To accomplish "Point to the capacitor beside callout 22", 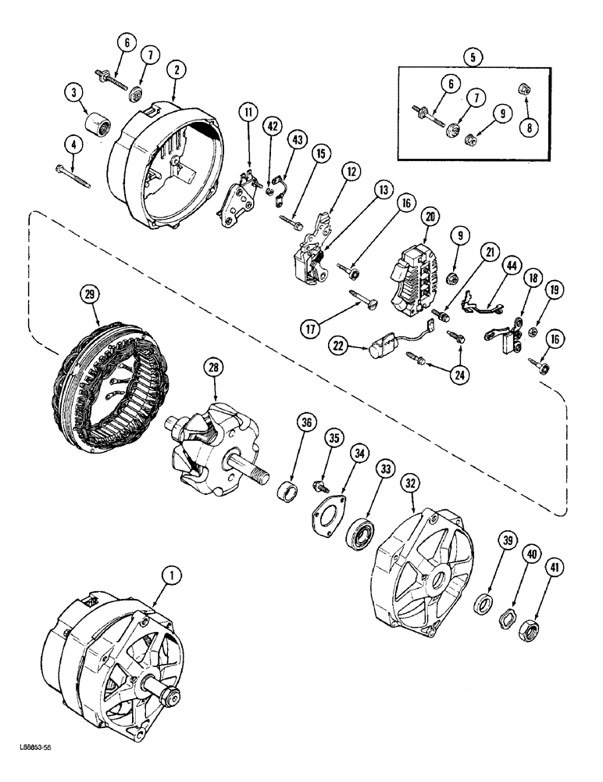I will pyautogui.click(x=384, y=343).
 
